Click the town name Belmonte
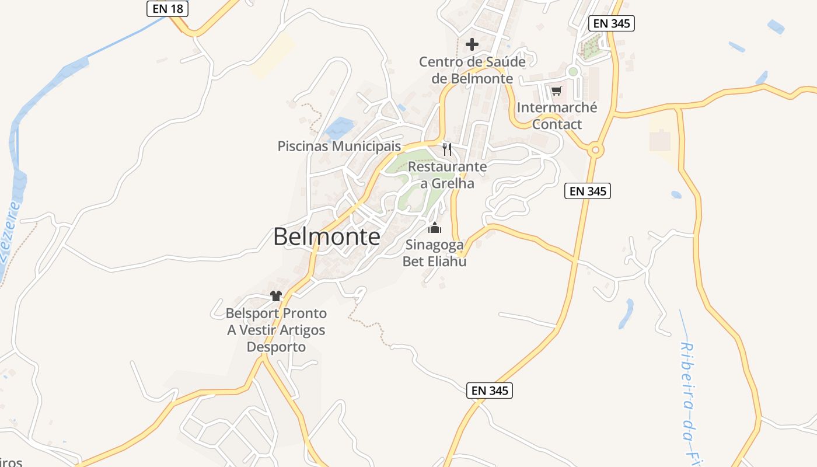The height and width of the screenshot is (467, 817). click(327, 237)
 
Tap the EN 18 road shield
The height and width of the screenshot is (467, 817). click(167, 8)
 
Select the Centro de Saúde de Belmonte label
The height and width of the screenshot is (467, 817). click(472, 70)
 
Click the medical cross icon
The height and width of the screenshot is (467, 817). click(472, 44)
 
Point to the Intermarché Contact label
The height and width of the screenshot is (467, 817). click(557, 116)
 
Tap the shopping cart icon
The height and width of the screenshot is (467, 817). click(556, 91)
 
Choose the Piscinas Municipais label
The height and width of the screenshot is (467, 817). click(339, 146)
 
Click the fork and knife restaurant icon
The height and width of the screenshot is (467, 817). click(447, 149)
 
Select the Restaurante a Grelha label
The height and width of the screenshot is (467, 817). click(447, 175)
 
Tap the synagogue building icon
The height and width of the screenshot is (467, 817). click(435, 228)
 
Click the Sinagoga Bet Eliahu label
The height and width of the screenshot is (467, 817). click(435, 253)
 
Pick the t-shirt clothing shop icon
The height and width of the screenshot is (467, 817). click(276, 296)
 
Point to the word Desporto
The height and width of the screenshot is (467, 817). click(276, 347)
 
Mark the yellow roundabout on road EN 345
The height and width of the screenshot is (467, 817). click(595, 150)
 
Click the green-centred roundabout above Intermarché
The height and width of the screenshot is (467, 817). click(573, 72)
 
